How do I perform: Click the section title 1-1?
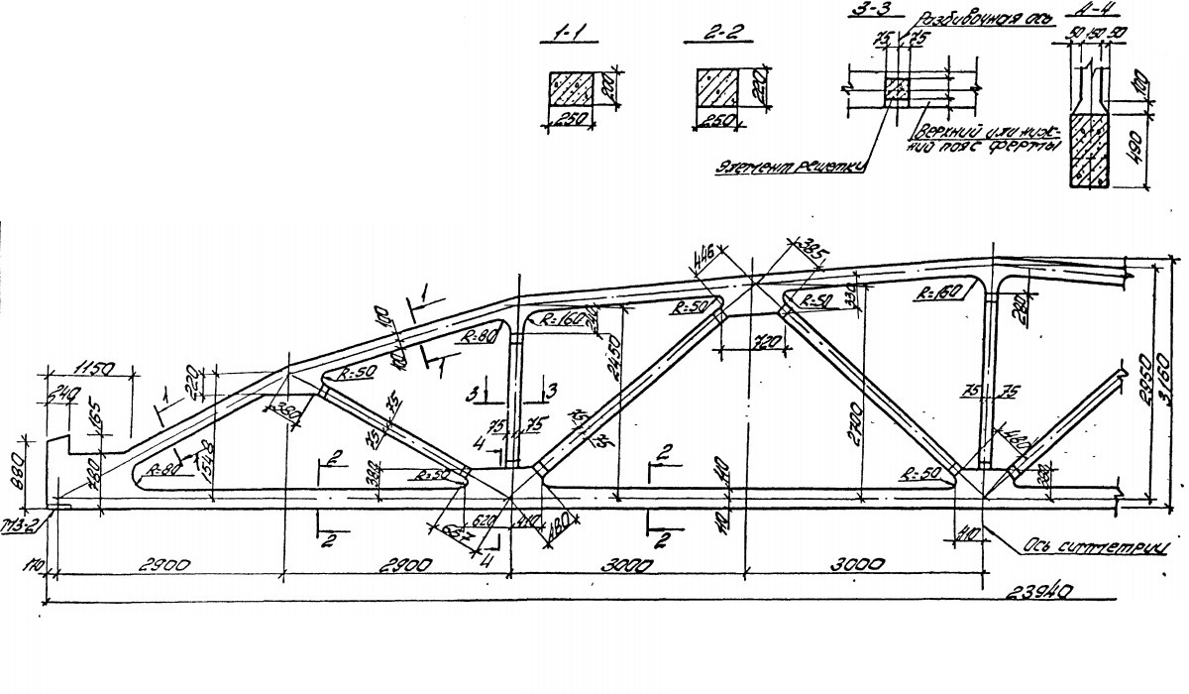click(570, 38)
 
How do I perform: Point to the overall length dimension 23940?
click(1041, 591)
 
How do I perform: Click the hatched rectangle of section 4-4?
click(1090, 149)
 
